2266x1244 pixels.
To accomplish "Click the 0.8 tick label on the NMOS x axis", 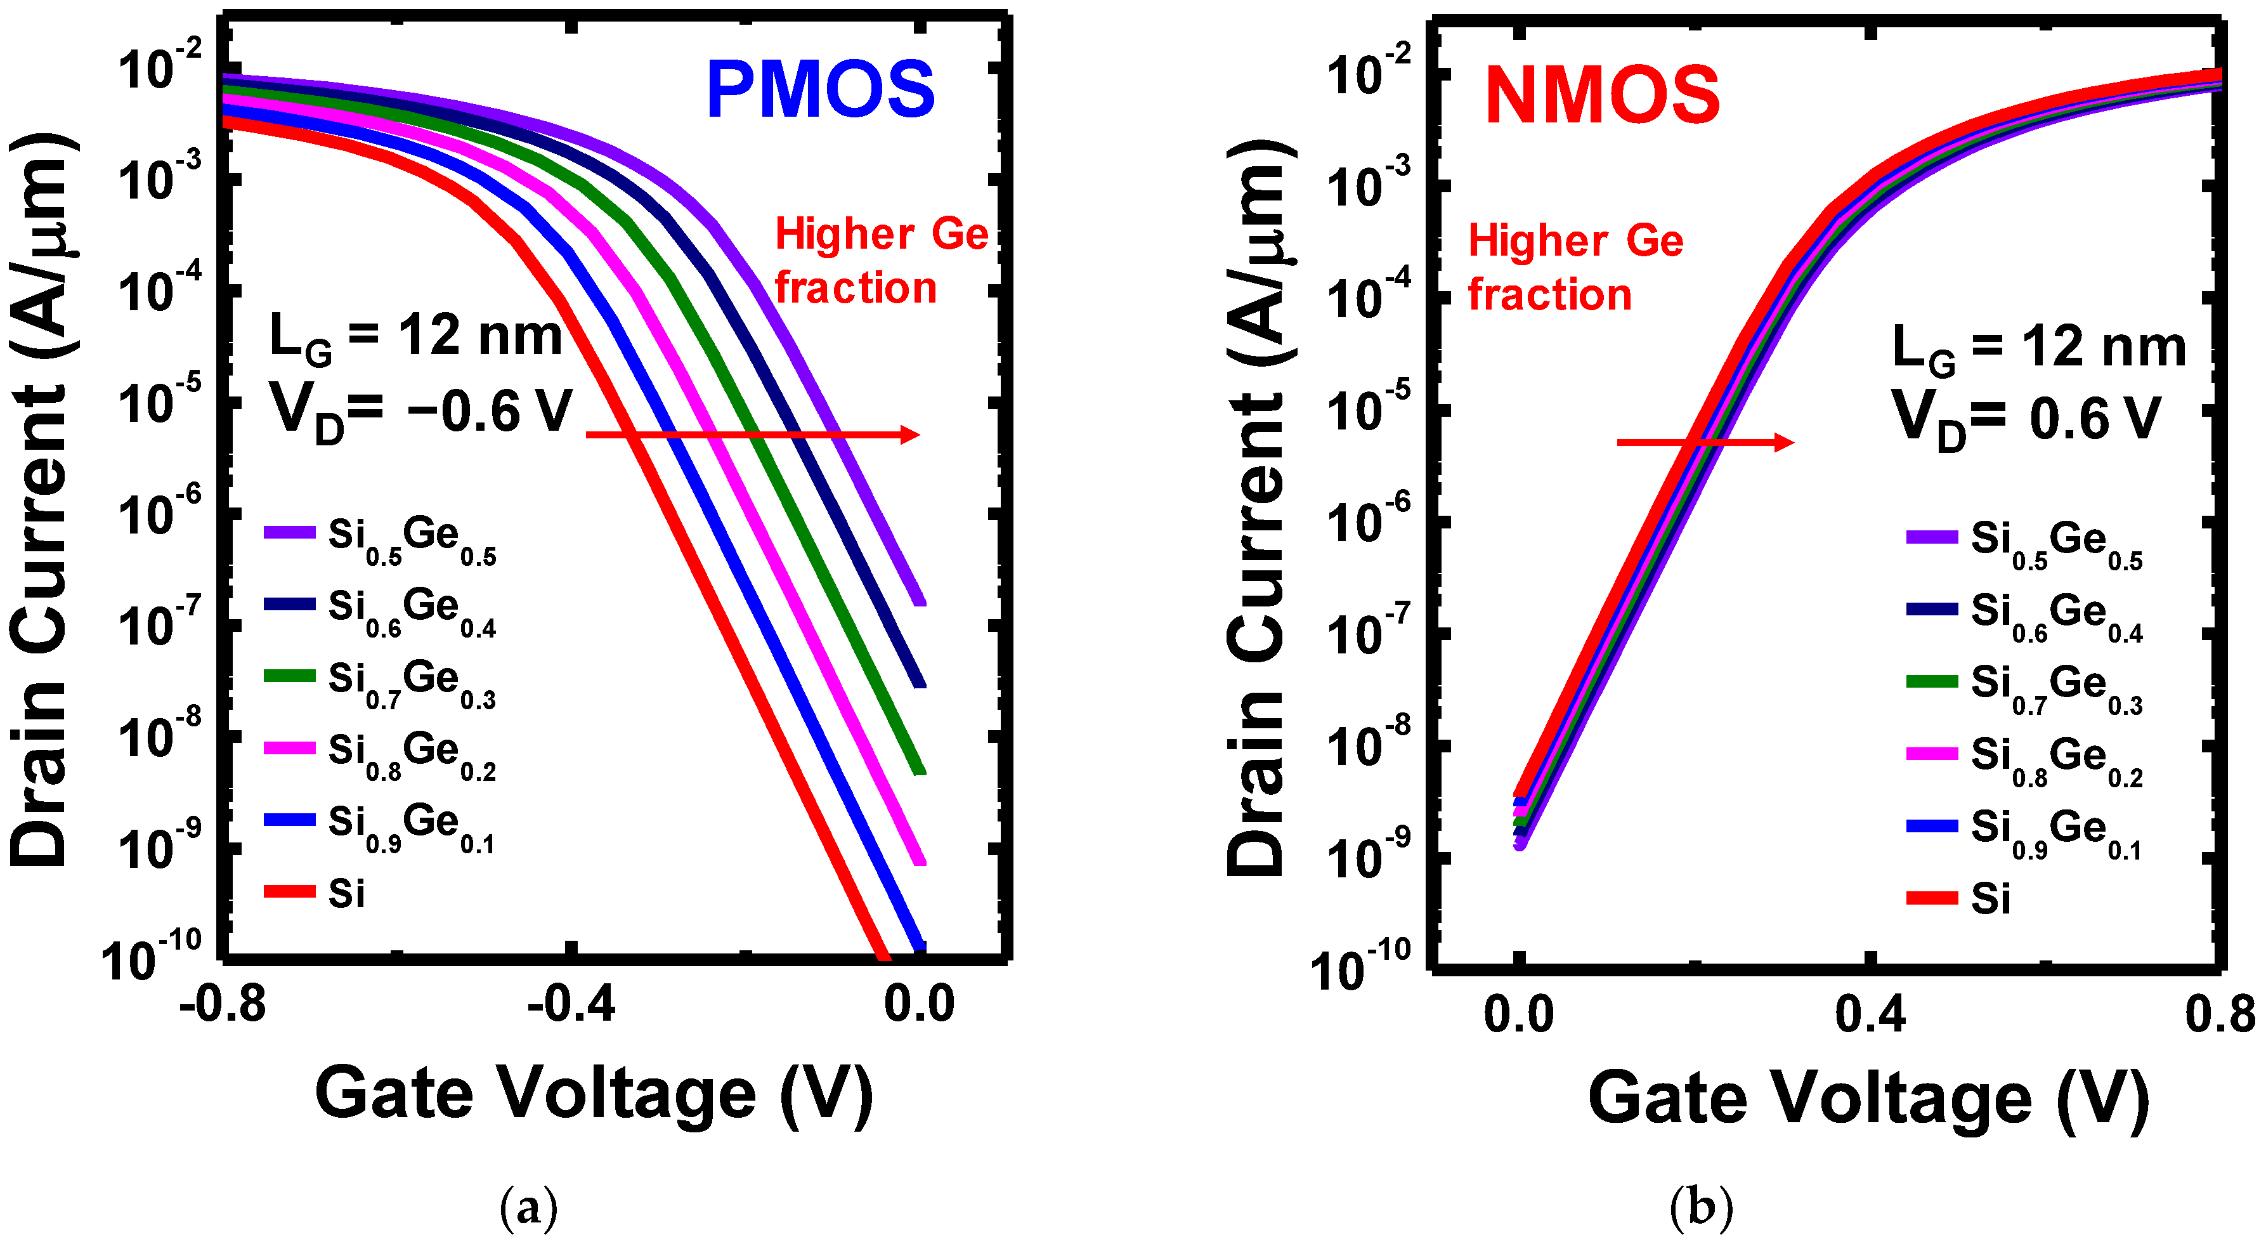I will click(x=2219, y=1014).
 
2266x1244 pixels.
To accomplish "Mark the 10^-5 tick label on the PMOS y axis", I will click(x=159, y=403).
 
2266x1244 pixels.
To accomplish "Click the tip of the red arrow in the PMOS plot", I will click(x=918, y=435).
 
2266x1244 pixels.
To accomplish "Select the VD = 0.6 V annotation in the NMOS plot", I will click(x=2026, y=420).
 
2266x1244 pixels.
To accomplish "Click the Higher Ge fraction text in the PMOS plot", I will click(x=880, y=261).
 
